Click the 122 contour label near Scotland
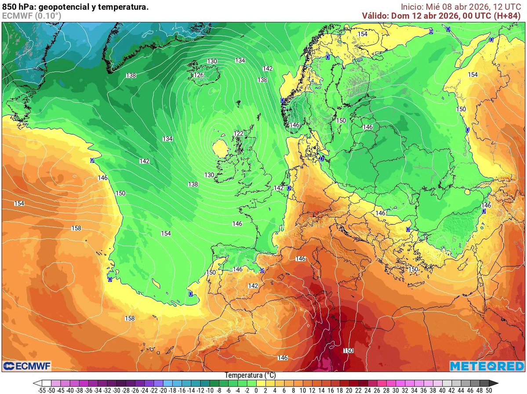pos(239,133)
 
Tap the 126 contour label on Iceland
pos(199,75)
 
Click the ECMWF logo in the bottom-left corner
pos(27,366)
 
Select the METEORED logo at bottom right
pos(486,366)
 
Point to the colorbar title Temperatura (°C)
pos(250,376)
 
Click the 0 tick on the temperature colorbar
pos(256,390)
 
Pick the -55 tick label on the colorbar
pos(43,390)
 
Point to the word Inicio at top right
pos(412,7)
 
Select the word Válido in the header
pos(375,16)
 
